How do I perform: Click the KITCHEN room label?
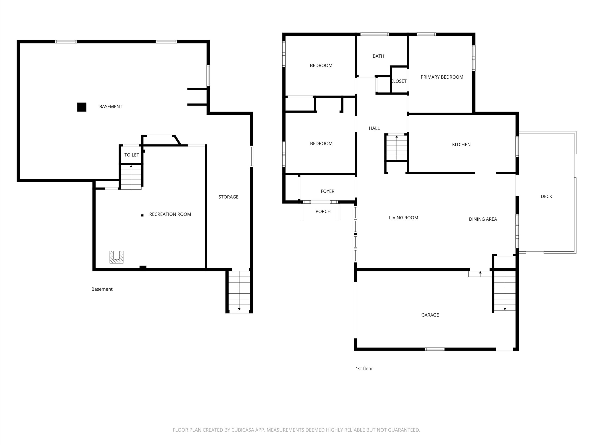[x=461, y=145]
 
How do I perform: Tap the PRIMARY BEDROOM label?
[x=442, y=77]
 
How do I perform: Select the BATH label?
[x=378, y=56]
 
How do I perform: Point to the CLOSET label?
[x=399, y=81]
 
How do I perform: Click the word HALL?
[x=374, y=128]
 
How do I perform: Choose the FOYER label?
[x=328, y=191]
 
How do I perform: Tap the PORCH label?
[x=323, y=211]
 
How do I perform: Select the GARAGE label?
[x=430, y=315]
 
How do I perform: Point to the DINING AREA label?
[x=483, y=219]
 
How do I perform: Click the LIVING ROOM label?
[x=404, y=218]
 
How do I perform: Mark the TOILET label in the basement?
[x=132, y=155]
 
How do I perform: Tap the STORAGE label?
[x=228, y=197]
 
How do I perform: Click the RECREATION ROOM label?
[x=170, y=214]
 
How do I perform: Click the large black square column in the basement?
[x=82, y=107]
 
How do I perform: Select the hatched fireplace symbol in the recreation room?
[x=116, y=257]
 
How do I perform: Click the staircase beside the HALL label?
[x=397, y=148]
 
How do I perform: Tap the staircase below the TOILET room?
[x=131, y=177]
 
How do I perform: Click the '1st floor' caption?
[x=364, y=369]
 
